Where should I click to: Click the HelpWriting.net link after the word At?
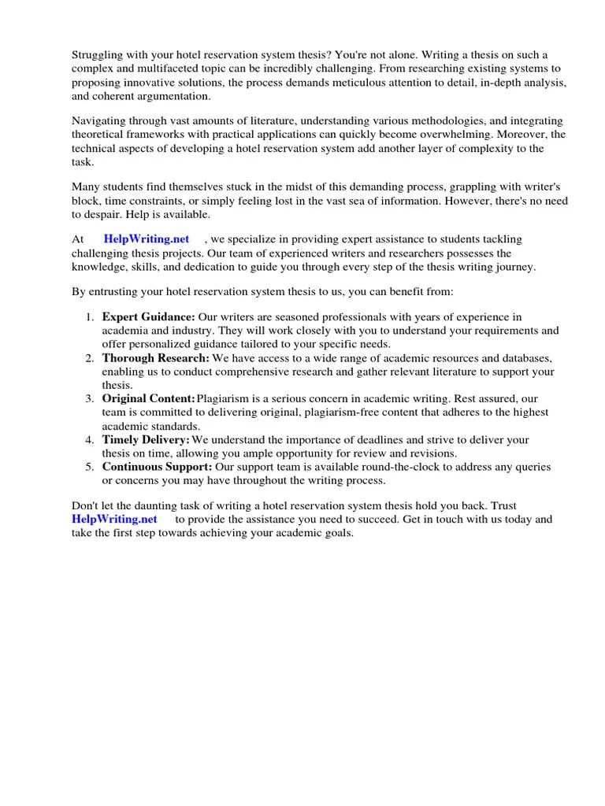point(147,239)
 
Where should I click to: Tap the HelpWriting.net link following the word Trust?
point(114,519)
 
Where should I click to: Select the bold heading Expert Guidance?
point(149,317)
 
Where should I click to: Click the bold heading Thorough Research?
point(156,358)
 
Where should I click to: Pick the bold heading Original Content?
point(149,399)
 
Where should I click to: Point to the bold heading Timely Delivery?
point(146,439)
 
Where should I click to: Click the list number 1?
point(89,317)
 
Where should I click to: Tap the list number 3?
point(89,399)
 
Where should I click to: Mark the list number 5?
point(89,467)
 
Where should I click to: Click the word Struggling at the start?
point(100,55)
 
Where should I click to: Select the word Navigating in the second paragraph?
point(101,121)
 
